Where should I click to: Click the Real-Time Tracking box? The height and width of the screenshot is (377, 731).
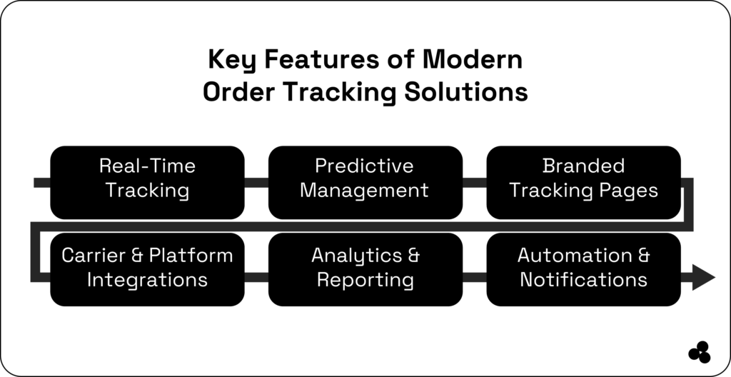[147, 182]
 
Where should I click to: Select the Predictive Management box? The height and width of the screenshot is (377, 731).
[365, 182]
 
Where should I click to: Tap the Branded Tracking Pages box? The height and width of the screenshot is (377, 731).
[583, 182]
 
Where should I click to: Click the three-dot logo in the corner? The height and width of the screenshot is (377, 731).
[700, 352]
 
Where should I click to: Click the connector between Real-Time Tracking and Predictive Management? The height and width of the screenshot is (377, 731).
[256, 184]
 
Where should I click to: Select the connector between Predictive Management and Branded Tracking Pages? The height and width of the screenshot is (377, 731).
[474, 184]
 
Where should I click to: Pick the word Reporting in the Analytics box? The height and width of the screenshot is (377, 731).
[365, 280]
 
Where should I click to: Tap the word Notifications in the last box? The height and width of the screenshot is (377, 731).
[583, 280]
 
